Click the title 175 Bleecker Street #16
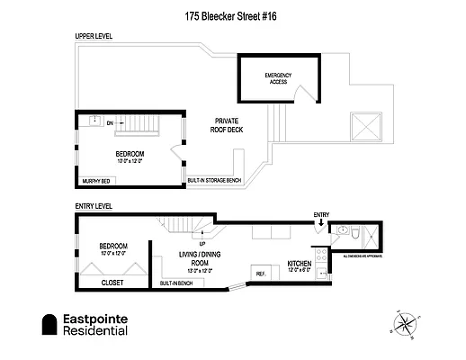point(232,15)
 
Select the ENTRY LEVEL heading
point(94,206)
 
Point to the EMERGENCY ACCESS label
point(278,78)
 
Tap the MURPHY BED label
point(95,182)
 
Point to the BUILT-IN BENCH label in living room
point(175,284)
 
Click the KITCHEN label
point(299,264)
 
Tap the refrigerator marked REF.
point(262,274)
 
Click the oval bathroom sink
point(342,232)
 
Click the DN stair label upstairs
point(110,123)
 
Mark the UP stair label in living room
point(201,244)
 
